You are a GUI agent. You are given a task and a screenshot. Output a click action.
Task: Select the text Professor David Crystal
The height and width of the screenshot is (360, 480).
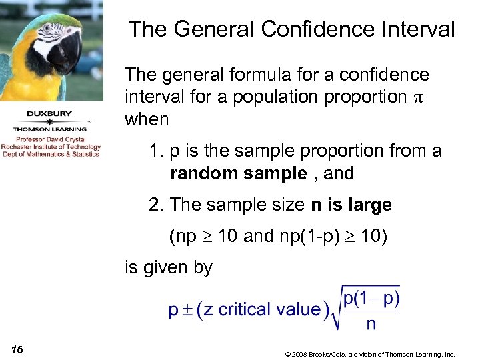click(51, 140)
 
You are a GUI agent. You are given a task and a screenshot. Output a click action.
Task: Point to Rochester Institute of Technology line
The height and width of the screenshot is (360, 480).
click(51, 147)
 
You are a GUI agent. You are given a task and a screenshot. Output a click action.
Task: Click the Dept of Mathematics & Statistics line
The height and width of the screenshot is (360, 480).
click(51, 154)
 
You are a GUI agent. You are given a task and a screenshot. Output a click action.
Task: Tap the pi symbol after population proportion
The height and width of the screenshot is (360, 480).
click(419, 97)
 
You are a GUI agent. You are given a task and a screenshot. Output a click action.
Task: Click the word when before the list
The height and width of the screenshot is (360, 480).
click(147, 120)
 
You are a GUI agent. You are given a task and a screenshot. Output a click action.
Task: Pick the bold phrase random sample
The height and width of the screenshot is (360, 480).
click(238, 174)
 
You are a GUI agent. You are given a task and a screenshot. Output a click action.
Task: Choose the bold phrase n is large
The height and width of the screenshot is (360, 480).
click(351, 205)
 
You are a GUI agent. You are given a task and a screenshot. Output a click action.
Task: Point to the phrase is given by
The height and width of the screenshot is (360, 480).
click(169, 268)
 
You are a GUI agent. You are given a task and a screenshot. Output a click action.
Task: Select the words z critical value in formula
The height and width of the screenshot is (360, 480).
click(260, 309)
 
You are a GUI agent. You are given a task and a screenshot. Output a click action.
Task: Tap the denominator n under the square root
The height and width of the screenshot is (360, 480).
click(371, 324)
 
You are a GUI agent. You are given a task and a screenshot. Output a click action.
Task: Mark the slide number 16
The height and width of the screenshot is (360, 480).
click(18, 351)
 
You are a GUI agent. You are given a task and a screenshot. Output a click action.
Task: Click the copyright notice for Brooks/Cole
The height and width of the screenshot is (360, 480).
click(369, 354)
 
